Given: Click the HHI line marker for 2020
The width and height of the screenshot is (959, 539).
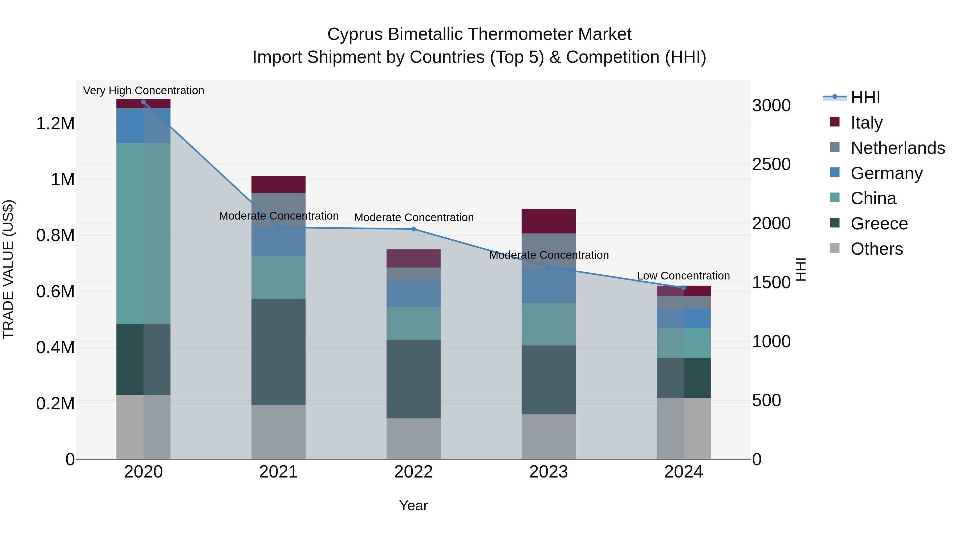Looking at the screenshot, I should (x=143, y=102).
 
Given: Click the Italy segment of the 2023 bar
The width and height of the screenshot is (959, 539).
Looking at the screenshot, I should (x=548, y=221).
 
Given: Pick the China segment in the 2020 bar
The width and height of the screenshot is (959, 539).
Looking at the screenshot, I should (x=143, y=234).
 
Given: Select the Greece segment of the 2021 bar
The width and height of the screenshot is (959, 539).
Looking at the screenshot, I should (x=278, y=352).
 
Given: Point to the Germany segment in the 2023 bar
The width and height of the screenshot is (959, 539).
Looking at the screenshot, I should (x=548, y=286).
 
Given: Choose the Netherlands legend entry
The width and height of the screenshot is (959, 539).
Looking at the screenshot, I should (x=897, y=148).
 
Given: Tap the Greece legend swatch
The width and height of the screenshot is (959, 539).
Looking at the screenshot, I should (x=835, y=223).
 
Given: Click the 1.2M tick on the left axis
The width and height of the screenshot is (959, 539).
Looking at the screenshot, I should (x=55, y=124).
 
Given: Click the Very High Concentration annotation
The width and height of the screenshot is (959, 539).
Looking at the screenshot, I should (x=143, y=90).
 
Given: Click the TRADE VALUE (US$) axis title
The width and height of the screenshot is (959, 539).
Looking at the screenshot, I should (x=8, y=269).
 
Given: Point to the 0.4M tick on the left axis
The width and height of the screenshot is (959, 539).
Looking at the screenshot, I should (x=55, y=347).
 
